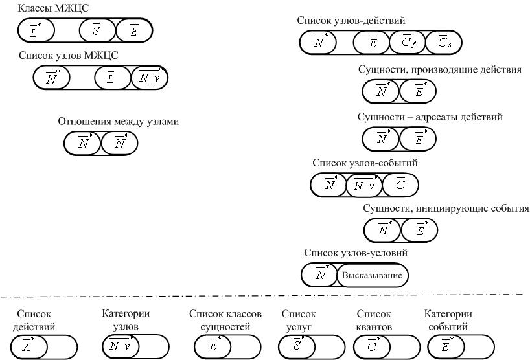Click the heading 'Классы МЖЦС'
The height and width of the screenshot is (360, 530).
(53, 8)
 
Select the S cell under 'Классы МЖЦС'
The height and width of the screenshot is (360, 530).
(97, 30)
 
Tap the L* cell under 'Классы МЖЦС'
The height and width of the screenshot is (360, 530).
(36, 30)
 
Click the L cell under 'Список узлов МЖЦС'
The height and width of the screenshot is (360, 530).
(112, 78)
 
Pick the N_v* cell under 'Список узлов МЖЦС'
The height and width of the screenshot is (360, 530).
(150, 78)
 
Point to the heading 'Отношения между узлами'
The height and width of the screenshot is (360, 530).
(119, 121)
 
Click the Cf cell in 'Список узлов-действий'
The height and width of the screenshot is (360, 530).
(408, 42)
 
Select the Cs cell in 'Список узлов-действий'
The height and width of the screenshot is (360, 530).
(444, 42)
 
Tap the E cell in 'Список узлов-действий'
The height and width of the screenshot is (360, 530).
(371, 42)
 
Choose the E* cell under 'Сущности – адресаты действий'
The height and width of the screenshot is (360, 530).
(418, 139)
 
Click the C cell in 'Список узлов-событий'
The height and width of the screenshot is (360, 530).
(400, 185)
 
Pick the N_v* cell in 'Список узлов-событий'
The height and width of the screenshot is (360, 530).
(364, 185)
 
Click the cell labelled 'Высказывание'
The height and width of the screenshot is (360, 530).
(373, 275)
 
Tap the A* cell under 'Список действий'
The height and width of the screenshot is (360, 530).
(29, 346)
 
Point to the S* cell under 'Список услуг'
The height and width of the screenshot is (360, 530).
(297, 346)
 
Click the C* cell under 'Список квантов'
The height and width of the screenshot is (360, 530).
(372, 346)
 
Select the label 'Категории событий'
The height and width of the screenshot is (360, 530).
(448, 320)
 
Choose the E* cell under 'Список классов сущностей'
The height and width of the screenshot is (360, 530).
(213, 346)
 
